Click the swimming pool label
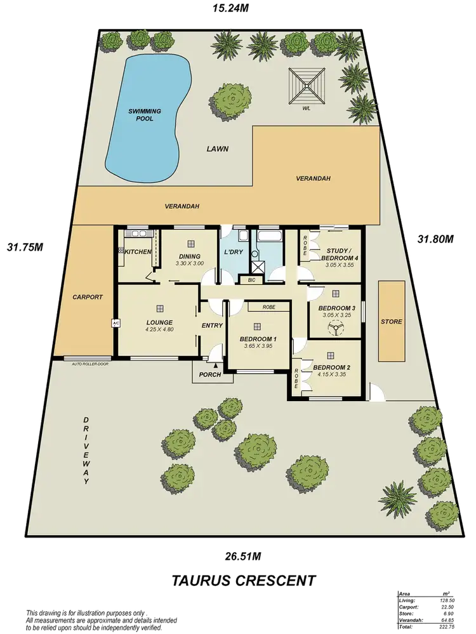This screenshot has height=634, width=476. (145, 115)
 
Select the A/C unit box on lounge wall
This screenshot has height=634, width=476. (116, 323)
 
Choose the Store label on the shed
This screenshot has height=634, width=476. (391, 322)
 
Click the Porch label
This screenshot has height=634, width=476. (210, 374)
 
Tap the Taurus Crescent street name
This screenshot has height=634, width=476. (244, 579)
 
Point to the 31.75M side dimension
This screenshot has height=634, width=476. (24, 246)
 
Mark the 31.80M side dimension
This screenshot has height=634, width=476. (437, 239)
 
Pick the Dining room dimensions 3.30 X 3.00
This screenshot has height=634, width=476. (188, 263)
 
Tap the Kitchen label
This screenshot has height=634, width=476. (138, 252)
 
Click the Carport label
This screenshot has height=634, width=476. (87, 296)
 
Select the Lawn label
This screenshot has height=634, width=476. (217, 149)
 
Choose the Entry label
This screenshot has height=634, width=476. (212, 326)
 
